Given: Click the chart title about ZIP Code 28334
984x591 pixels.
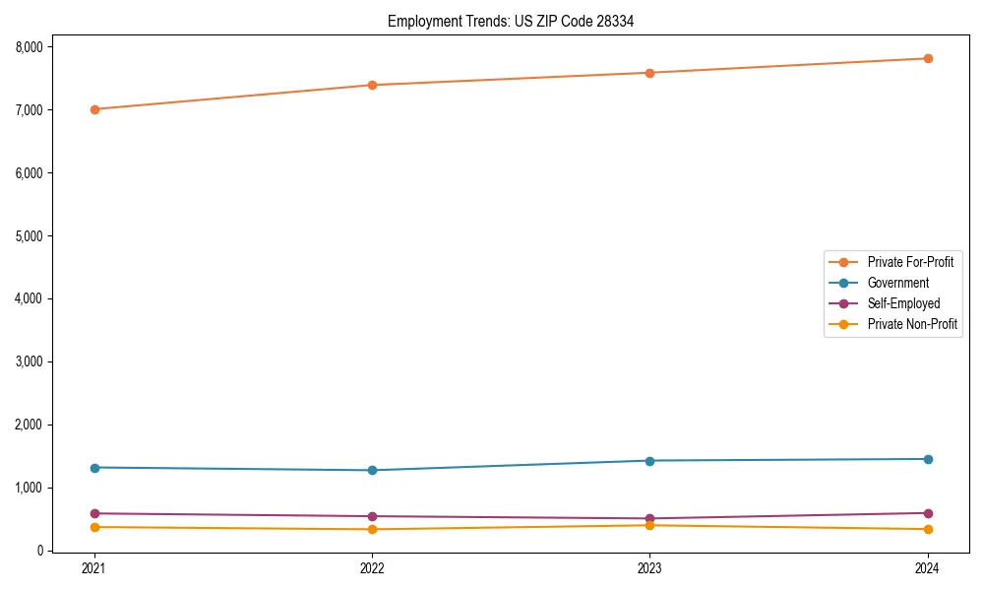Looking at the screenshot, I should [x=510, y=21].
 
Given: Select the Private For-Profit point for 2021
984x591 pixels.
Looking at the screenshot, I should [x=94, y=109].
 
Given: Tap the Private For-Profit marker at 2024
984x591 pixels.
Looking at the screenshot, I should [x=928, y=58].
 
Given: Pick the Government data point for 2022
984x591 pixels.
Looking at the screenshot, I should [x=372, y=470].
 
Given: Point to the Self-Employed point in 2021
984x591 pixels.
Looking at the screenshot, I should [x=94, y=513].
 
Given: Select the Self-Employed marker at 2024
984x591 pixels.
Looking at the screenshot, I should [x=928, y=513].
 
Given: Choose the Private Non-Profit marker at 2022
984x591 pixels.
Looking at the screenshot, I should [x=372, y=529].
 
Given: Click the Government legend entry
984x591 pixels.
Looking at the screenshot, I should [x=897, y=283].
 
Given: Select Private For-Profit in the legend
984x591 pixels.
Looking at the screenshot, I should [x=909, y=262].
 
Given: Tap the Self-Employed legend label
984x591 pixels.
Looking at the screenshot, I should [x=903, y=303].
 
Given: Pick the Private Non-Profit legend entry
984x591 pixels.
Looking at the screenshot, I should [x=912, y=324].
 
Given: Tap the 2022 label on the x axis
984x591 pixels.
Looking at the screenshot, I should [x=372, y=567].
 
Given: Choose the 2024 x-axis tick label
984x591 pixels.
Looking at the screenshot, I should [x=928, y=567].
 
